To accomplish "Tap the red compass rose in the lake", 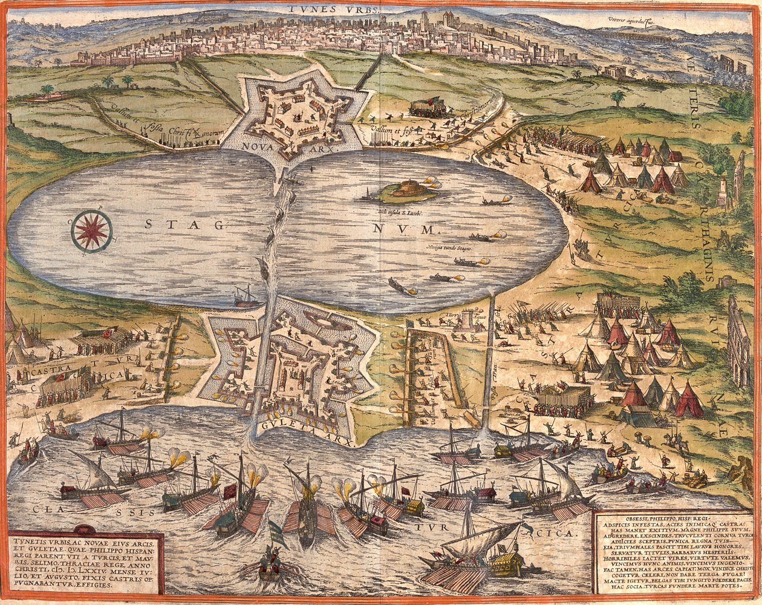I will [91, 231].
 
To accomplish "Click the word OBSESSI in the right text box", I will [617, 518].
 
